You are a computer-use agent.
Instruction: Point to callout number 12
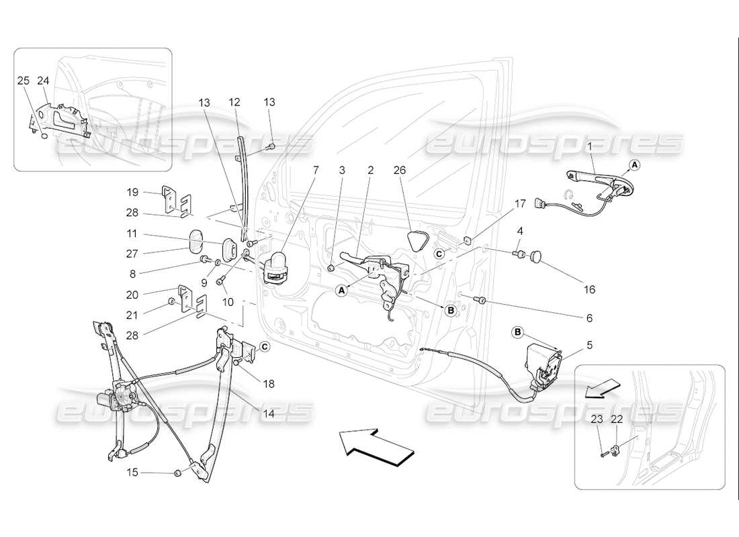(x=234, y=102)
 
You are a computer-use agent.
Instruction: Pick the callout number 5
(x=589, y=346)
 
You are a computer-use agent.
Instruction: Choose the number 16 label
(x=589, y=290)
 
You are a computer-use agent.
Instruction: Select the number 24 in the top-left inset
(x=44, y=81)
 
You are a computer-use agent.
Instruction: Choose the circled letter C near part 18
(x=264, y=346)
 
